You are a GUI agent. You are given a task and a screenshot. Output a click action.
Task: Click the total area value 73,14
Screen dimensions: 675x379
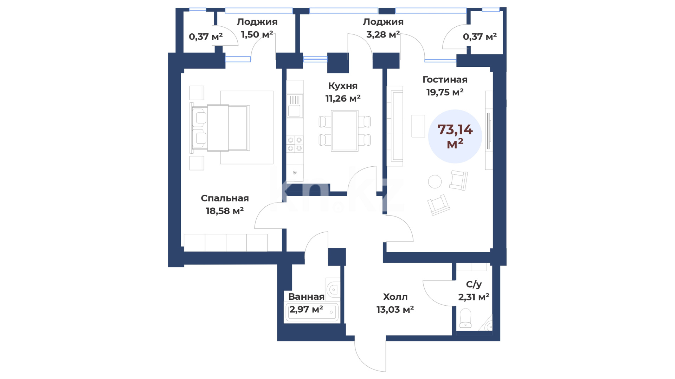coord(455,130)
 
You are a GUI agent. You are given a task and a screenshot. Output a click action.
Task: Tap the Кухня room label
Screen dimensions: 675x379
coord(343,86)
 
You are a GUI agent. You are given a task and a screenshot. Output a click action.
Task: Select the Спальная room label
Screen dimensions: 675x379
coord(225,198)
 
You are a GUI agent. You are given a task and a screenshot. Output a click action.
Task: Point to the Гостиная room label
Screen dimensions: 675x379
coord(445,80)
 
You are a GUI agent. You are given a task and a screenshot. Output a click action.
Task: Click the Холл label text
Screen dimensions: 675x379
coord(395,297)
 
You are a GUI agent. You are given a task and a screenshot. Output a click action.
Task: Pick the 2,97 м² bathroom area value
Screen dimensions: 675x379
coord(306,310)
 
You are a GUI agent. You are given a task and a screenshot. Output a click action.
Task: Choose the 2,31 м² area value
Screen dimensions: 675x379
coord(474,297)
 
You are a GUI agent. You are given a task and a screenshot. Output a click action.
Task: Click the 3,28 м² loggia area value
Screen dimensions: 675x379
coord(383,34)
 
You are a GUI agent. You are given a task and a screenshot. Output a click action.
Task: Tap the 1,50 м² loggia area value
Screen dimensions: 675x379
coord(257,34)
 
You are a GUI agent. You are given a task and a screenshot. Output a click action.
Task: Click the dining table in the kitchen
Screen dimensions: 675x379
coord(345,131)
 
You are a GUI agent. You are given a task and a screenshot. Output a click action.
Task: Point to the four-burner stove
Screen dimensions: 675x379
coord(295,144)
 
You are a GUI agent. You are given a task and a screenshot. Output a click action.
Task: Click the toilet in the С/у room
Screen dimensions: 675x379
coord(465,318)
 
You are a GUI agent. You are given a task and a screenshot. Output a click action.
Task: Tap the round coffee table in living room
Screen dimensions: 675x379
coord(435,182)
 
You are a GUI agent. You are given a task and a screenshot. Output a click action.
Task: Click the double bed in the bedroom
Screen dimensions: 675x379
coord(220,128)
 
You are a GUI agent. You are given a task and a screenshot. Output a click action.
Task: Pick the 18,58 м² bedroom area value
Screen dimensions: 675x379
coord(225,211)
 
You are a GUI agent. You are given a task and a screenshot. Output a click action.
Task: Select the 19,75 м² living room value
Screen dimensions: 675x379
coord(445,92)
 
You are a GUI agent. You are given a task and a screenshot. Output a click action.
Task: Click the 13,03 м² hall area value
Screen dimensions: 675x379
coord(395,310)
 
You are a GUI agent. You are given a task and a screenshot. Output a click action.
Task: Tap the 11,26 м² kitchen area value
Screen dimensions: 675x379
coord(343,99)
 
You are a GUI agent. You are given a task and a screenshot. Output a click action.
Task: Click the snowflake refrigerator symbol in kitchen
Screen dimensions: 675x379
coord(295,173)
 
